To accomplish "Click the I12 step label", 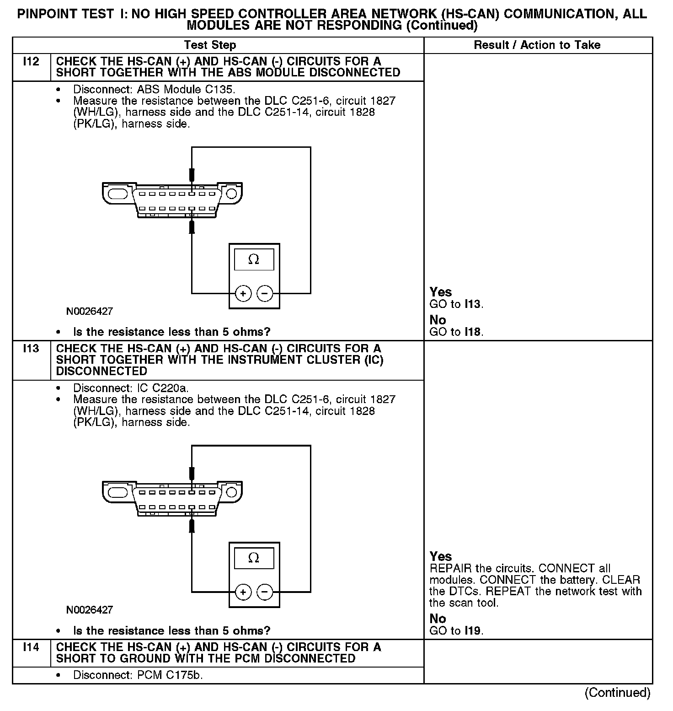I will pos(31,61).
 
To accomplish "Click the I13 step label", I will pos(31,349).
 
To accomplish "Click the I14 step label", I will pos(31,647).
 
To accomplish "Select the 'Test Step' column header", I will pos(210,45).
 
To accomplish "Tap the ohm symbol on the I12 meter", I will pos(254,260).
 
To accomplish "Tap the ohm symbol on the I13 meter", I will pos(254,558).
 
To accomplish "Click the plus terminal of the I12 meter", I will pos(243,293).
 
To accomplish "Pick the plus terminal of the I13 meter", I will pos(243,592).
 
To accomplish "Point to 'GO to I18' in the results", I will pos(456,332).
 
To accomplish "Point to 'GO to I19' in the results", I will pos(456,630).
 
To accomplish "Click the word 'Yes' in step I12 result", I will pos(441,292).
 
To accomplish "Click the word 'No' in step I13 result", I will pos(438,619).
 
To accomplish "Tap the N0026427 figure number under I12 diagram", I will pos(90,312).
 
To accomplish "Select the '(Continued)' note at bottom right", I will pos(617,693).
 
